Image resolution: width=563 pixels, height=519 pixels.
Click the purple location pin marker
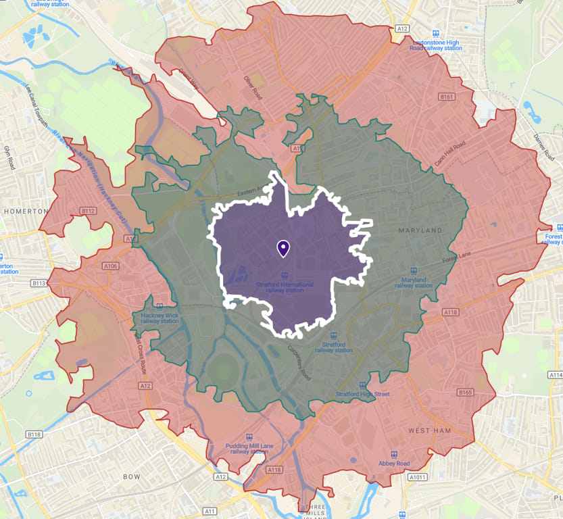(x=283, y=248)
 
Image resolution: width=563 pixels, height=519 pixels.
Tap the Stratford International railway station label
(x=285, y=288)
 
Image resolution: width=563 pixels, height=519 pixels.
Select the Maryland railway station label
(x=414, y=282)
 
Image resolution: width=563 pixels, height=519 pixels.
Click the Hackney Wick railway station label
(x=160, y=318)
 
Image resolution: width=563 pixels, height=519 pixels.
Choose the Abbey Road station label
(x=394, y=463)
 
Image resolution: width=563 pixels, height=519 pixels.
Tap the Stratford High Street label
(x=363, y=394)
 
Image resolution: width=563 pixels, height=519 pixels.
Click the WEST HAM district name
(x=430, y=430)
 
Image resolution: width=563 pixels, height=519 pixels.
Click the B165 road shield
(x=465, y=392)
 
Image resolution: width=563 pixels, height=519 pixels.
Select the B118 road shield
(x=34, y=433)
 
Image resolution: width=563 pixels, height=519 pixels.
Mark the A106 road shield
(x=109, y=266)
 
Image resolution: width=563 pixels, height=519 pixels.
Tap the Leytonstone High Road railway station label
(x=437, y=45)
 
